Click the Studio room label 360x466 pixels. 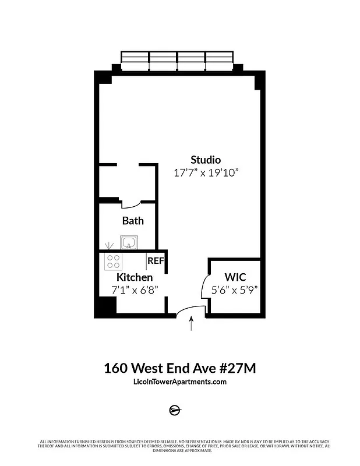pyautogui.click(x=206, y=160)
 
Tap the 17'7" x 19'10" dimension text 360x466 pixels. pyautogui.click(x=206, y=173)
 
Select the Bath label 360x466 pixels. pyautogui.click(x=133, y=221)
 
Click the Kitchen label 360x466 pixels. pyautogui.click(x=135, y=277)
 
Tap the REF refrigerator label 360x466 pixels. pyautogui.click(x=156, y=261)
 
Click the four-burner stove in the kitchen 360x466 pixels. pyautogui.click(x=113, y=262)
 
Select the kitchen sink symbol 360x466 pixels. pyautogui.click(x=129, y=242)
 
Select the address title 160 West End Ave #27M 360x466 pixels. pyautogui.click(x=180, y=368)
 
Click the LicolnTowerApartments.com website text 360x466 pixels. pyautogui.click(x=180, y=382)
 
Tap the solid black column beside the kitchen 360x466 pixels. pyautogui.click(x=105, y=307)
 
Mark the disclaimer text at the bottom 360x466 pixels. pyautogui.click(x=180, y=446)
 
